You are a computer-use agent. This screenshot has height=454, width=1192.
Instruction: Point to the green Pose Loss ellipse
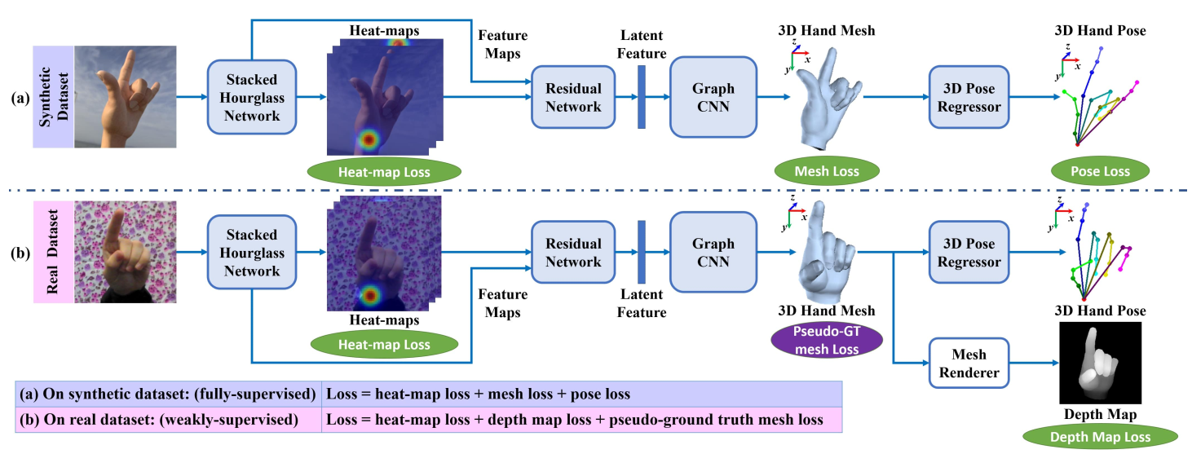pos(1099,172)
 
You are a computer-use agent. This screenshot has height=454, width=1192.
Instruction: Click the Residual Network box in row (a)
pos(572,97)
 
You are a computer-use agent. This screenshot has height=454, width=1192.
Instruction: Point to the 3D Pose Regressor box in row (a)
pos(969,97)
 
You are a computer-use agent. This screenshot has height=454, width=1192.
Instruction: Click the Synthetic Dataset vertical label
pos(53,96)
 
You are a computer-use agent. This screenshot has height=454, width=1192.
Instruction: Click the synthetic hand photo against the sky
pos(126,96)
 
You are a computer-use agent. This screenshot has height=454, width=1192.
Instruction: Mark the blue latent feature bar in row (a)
pos(642,97)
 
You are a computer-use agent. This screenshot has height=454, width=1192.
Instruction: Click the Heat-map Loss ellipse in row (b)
pos(384,346)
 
